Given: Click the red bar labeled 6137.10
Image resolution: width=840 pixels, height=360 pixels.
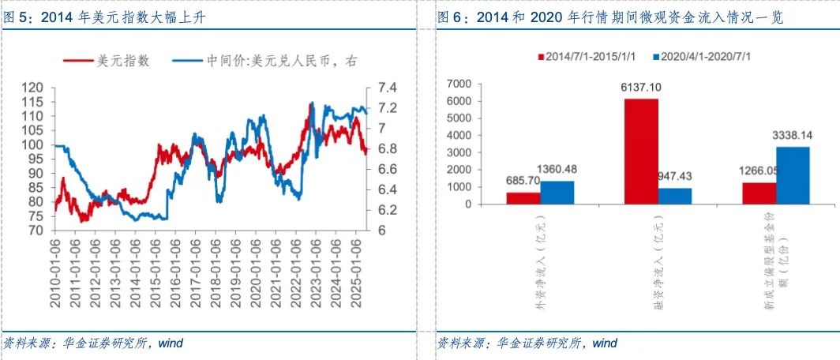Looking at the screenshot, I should pyautogui.click(x=641, y=151).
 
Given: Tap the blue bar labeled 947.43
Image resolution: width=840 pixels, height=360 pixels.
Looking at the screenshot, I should pyautogui.click(x=675, y=196).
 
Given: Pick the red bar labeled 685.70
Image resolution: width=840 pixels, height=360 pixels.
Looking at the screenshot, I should pyautogui.click(x=523, y=197).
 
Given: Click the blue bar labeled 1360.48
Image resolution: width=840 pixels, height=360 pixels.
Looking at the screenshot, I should pyautogui.click(x=557, y=192).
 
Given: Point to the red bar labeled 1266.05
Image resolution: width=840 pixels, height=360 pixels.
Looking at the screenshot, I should pyautogui.click(x=759, y=193).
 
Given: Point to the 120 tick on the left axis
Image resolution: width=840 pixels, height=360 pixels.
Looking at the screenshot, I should pyautogui.click(x=32, y=88).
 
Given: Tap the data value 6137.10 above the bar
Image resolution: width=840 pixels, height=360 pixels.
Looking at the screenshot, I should pyautogui.click(x=641, y=89).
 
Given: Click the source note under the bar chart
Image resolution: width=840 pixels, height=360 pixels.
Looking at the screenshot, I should pyautogui.click(x=527, y=343).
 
